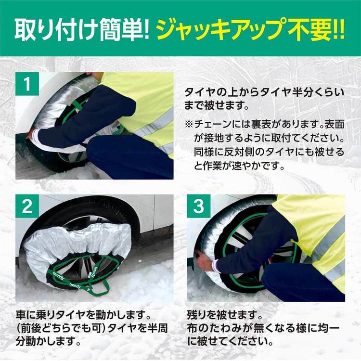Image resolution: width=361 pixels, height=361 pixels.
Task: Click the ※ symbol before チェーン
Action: point(189,125)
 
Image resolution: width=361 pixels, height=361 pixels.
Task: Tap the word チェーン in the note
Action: point(212,125)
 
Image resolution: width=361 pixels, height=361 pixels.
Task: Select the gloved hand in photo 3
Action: point(204,262)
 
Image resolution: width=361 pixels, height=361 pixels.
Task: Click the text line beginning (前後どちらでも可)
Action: point(91,330)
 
